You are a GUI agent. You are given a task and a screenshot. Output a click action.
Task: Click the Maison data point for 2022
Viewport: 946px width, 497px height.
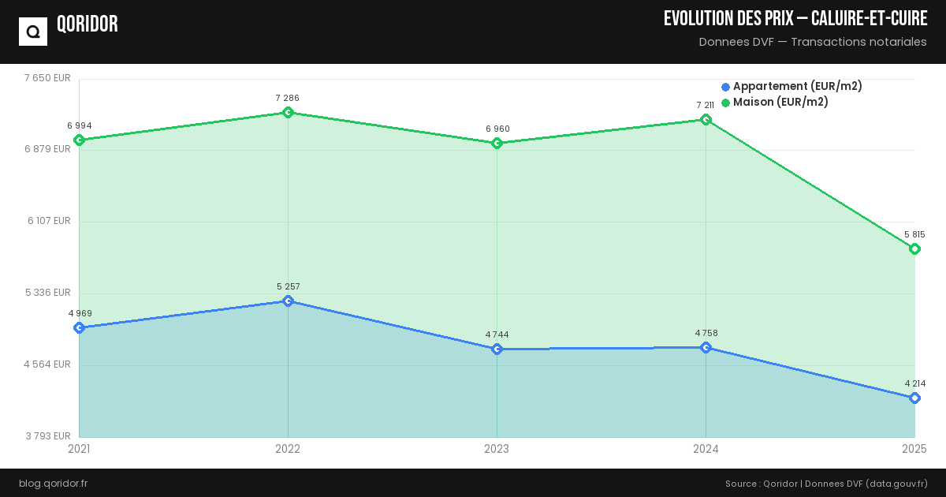coord(288,112)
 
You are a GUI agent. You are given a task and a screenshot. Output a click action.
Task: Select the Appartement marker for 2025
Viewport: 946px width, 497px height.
coord(914,398)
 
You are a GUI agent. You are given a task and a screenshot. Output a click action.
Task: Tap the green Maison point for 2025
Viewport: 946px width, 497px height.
coord(914,249)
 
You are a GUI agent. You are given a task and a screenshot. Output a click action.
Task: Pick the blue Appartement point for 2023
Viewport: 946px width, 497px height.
coord(497,349)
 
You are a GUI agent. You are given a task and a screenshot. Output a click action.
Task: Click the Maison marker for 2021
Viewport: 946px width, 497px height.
coord(79,140)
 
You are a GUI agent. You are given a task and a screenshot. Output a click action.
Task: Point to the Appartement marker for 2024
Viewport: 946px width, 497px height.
coord(706,348)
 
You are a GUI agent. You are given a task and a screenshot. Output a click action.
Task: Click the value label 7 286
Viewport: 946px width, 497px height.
coord(288,98)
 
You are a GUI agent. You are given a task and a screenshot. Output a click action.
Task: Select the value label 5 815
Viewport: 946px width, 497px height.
coord(914,234)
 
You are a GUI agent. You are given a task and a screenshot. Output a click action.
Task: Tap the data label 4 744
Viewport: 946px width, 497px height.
coord(497,334)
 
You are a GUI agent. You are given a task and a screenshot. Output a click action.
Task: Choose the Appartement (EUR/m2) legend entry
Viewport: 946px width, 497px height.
coord(791,86)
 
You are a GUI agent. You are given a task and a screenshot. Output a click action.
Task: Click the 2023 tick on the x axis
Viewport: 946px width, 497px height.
coord(497,449)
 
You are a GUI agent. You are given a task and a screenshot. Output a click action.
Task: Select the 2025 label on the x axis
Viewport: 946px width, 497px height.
coord(914,449)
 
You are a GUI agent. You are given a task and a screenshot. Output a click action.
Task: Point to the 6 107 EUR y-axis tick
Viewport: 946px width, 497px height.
coord(49,221)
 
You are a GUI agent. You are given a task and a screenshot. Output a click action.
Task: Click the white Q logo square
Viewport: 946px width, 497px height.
coord(33,32)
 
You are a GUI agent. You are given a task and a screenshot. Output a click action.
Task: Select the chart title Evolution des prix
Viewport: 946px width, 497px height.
coord(795,19)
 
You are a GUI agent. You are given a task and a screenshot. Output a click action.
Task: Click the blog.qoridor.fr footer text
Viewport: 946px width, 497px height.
coord(53,483)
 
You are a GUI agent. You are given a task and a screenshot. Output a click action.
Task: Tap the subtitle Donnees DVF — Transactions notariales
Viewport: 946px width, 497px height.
coord(813,42)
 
